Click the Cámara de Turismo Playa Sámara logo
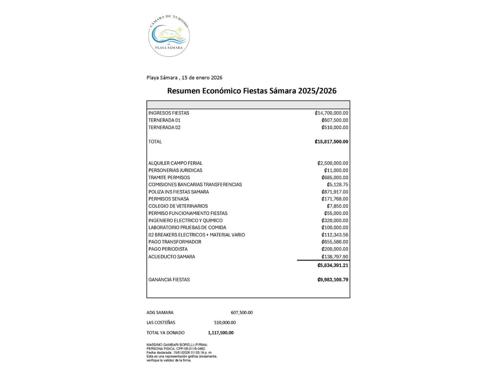[x=169, y=35]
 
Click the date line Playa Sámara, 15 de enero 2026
[x=184, y=78]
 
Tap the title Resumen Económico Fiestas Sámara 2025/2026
[x=252, y=91]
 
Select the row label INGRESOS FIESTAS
[x=168, y=113]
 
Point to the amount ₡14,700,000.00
[x=331, y=113]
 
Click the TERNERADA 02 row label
[x=164, y=127]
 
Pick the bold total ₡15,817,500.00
[x=331, y=142]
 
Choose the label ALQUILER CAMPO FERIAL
[x=175, y=163]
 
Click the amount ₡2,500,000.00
[x=333, y=163]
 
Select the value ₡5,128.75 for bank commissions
[x=337, y=184]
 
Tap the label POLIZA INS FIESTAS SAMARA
[x=178, y=192]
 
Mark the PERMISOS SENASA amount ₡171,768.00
[x=335, y=199]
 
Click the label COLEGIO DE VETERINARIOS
[x=178, y=206]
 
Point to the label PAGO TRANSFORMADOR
[x=175, y=242]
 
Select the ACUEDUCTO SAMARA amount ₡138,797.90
[x=335, y=257]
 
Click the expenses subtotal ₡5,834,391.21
[x=333, y=265]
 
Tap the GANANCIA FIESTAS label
[x=169, y=280]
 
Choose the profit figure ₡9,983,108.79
[x=333, y=280]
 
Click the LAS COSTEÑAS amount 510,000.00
[x=225, y=323]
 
